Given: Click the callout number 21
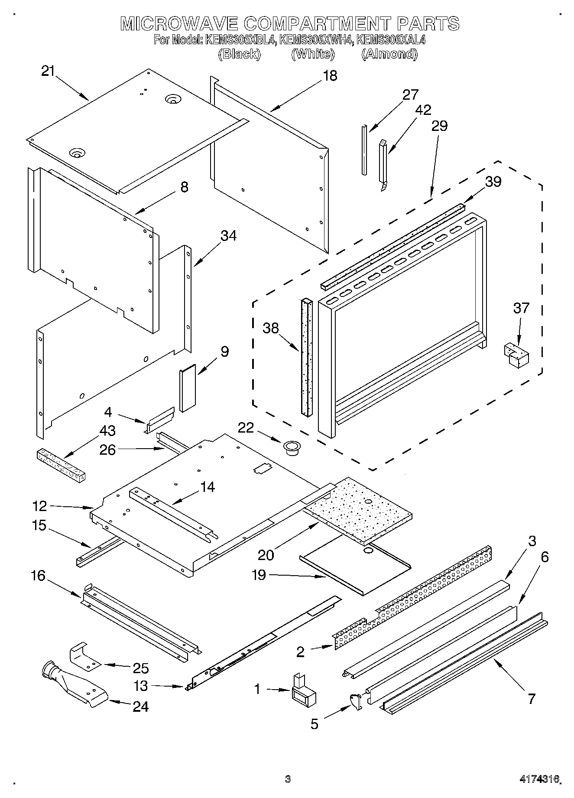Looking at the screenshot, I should click(x=48, y=71).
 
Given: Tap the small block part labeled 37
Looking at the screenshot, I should click(x=516, y=355).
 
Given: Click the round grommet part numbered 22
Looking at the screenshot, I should click(x=292, y=446).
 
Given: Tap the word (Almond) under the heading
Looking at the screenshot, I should click(x=389, y=54).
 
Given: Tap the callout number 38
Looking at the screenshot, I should click(x=271, y=328).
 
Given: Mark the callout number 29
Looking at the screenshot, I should click(x=439, y=126).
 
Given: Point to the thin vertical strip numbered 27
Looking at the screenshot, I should click(x=364, y=150).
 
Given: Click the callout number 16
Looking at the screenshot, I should click(x=38, y=576).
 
